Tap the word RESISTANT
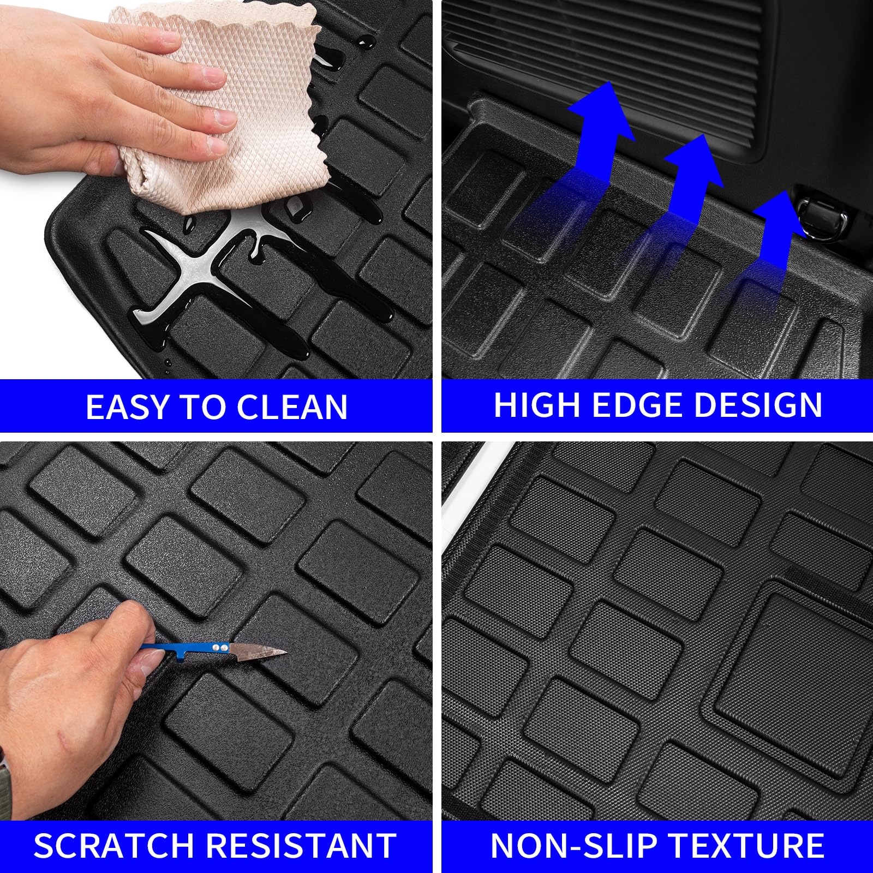[301, 846]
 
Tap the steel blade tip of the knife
[281, 651]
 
